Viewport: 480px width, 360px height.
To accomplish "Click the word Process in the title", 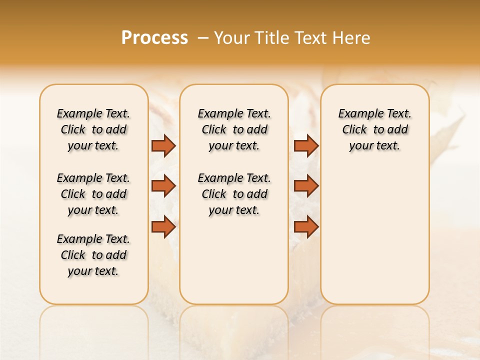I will [154, 37].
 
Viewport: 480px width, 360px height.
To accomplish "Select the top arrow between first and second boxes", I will [163, 145].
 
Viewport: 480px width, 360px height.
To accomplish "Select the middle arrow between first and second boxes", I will [163, 186].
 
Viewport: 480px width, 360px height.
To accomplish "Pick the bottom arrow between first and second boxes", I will [163, 226].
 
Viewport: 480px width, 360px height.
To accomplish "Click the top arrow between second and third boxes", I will [306, 145].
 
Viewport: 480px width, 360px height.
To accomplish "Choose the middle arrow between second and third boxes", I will [306, 186].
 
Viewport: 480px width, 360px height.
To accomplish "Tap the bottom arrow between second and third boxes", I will [306, 226].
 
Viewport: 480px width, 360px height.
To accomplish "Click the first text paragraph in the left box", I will [93, 129].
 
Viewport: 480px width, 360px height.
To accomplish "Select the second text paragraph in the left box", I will [93, 194].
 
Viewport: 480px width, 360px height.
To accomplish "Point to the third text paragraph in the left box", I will [93, 255].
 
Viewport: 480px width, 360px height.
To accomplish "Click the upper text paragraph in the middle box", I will [234, 129].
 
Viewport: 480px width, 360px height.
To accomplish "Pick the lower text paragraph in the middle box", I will [234, 194].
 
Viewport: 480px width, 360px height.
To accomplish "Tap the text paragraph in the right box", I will [374, 129].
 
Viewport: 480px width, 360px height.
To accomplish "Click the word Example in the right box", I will [356, 114].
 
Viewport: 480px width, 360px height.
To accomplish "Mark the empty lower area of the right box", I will [374, 235].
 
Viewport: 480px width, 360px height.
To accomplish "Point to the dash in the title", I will [202, 38].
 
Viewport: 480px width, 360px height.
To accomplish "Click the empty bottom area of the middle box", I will [234, 265].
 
